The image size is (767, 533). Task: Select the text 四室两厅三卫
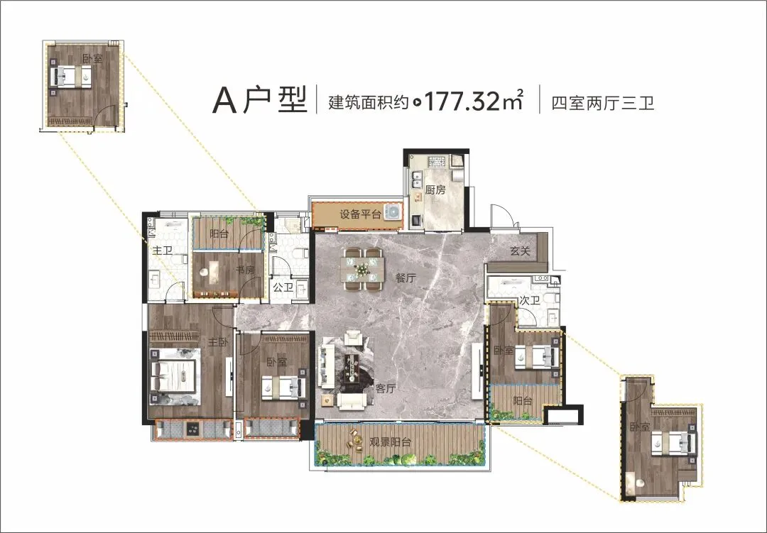pyautogui.click(x=603, y=103)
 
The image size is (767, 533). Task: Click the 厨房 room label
pyautogui.click(x=435, y=189)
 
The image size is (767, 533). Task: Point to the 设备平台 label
pyautogui.click(x=361, y=214)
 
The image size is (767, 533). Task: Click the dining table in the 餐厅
pyautogui.click(x=363, y=270)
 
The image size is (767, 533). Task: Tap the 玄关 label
pyautogui.click(x=520, y=251)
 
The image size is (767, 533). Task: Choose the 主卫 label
pyautogui.click(x=163, y=251)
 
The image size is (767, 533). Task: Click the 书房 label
pyautogui.click(x=245, y=270)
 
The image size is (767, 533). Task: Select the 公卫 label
pyautogui.click(x=283, y=287)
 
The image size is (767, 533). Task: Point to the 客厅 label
pyautogui.click(x=386, y=389)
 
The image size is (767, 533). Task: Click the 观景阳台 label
pyautogui.click(x=391, y=442)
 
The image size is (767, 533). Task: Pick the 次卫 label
pyautogui.click(x=530, y=300)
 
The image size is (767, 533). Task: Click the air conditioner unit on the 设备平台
pyautogui.click(x=393, y=211)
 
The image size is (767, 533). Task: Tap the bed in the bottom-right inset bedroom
pyautogui.click(x=675, y=444)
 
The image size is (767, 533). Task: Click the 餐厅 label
pyautogui.click(x=406, y=278)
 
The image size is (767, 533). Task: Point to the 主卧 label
pyautogui.click(x=218, y=342)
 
